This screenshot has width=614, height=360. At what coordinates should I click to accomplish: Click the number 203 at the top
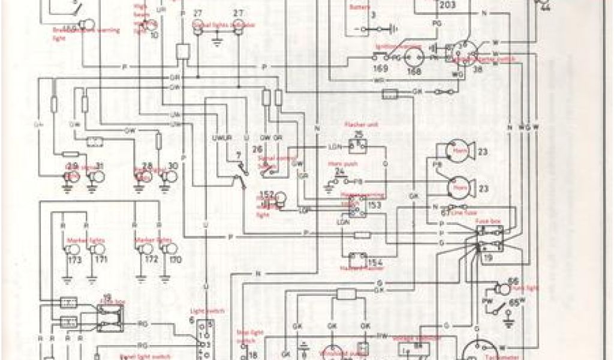pyautogui.click(x=447, y=5)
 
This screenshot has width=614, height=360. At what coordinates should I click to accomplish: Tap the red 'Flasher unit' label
pyautogui.click(x=357, y=124)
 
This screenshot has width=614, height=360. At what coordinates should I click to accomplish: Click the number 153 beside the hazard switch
pyautogui.click(x=375, y=205)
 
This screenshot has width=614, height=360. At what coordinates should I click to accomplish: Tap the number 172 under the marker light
pyautogui.click(x=151, y=260)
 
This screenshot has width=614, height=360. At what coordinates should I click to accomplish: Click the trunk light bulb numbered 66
pyautogui.click(x=499, y=286)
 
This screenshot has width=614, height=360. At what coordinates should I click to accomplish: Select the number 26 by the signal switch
pyautogui.click(x=258, y=148)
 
